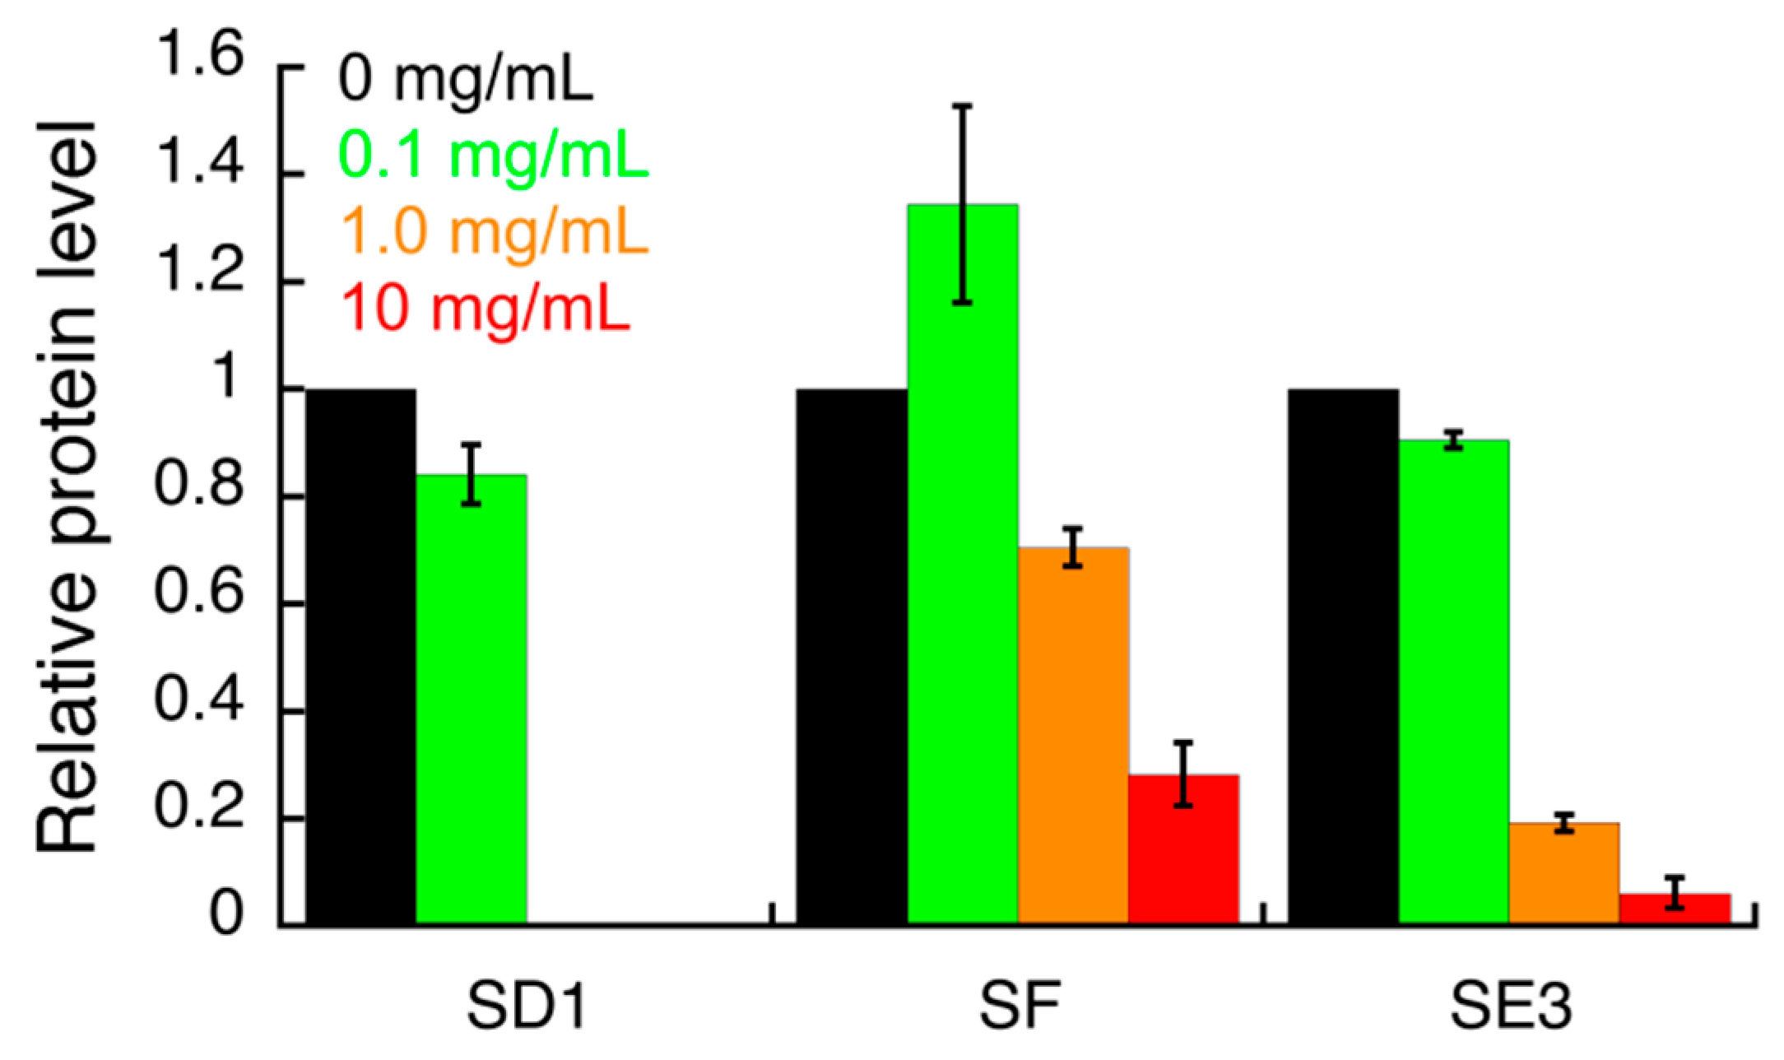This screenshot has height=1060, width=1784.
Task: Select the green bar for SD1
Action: point(471,700)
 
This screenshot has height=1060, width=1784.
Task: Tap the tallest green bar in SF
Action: point(962,576)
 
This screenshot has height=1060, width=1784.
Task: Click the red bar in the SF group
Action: point(1182,848)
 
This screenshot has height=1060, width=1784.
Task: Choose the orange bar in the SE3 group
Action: point(1563,872)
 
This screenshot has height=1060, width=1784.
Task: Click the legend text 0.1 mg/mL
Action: point(494,155)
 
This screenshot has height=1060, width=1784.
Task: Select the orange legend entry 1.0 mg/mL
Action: point(494,231)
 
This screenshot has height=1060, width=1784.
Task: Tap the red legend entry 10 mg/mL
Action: point(485,308)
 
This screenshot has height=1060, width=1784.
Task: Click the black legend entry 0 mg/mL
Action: point(466,80)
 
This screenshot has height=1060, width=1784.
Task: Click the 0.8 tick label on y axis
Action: point(199,486)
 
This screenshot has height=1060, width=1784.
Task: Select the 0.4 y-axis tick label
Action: point(199,700)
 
